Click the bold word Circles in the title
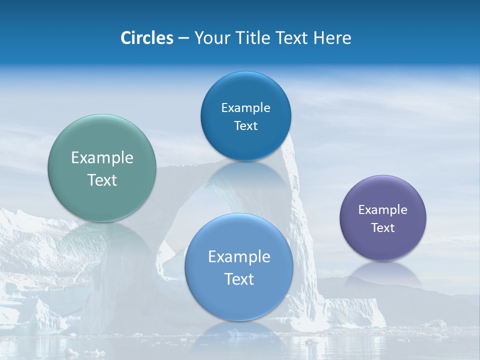tap(147, 38)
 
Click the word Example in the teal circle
tap(102, 158)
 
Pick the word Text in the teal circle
tap(102, 180)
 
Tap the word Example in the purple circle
tap(383, 210)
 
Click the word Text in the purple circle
tap(383, 228)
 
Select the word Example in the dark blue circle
tap(245, 108)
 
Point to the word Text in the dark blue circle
tap(245, 126)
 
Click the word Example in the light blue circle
tap(239, 257)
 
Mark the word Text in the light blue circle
tap(239, 279)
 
